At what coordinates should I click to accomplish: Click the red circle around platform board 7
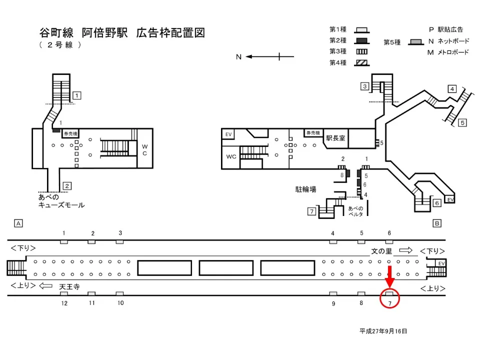390,298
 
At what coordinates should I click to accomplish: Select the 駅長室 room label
335,138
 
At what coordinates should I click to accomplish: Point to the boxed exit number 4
451,89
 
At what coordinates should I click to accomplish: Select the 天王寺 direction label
69,286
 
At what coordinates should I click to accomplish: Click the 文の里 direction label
381,250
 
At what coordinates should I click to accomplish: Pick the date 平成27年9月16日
383,331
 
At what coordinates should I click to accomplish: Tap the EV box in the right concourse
228,134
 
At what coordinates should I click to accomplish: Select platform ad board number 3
120,242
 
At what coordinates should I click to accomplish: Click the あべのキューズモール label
61,201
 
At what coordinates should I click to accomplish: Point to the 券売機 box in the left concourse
69,134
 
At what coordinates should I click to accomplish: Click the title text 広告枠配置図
170,33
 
